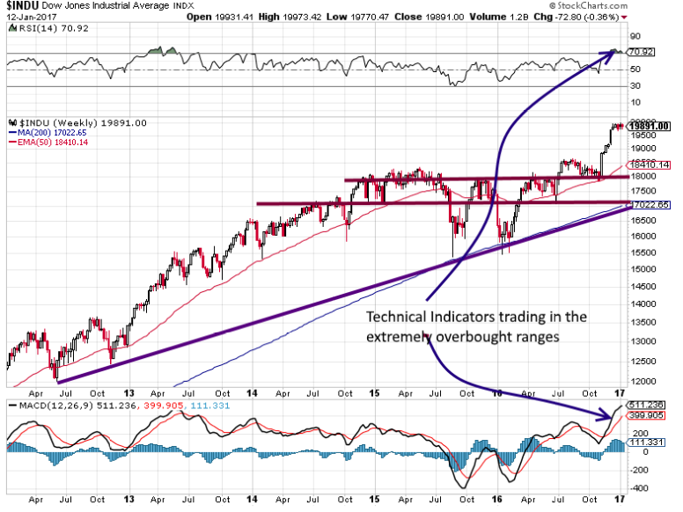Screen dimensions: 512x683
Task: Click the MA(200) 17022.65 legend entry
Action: (43, 133)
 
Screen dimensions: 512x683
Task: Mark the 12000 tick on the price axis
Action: (641, 382)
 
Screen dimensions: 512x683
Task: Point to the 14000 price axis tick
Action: (641, 304)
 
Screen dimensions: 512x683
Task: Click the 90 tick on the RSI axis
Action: (634, 37)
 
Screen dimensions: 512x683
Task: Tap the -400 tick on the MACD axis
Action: (639, 488)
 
